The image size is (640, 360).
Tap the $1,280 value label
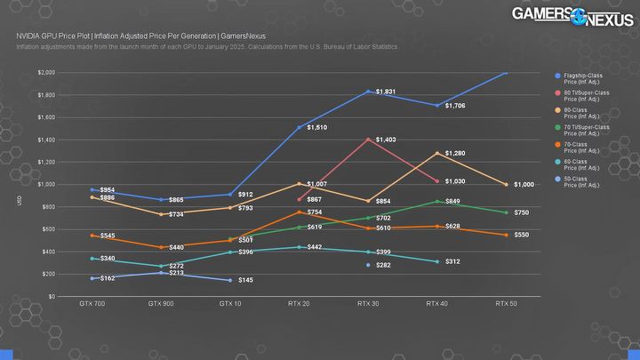(454, 153)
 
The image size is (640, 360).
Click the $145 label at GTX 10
(246, 281)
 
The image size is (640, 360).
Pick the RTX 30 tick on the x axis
(367, 304)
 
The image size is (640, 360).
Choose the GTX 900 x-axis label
(160, 304)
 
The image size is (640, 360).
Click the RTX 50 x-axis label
(506, 304)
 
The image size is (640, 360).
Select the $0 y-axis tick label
(52, 296)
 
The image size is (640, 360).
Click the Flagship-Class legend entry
(577, 78)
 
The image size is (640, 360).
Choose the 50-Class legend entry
(577, 182)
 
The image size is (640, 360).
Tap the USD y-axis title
(19, 202)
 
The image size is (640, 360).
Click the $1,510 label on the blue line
(317, 128)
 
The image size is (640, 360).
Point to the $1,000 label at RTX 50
(524, 185)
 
